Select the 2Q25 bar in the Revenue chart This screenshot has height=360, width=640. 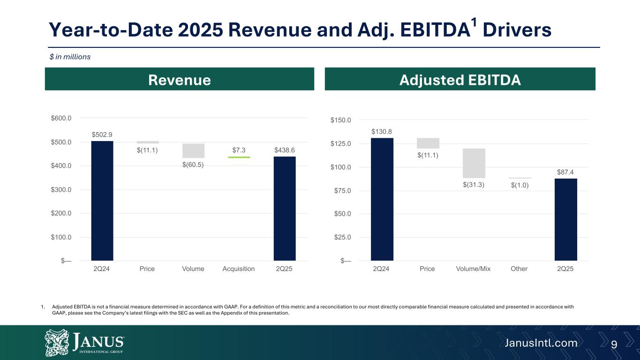pyautogui.click(x=285, y=209)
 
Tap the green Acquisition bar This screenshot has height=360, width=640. pyautogui.click(x=239, y=157)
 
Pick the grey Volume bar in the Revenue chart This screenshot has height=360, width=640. pyautogui.click(x=193, y=150)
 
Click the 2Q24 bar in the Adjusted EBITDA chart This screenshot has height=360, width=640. pyautogui.click(x=382, y=199)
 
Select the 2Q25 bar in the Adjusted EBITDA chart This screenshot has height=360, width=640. pyautogui.click(x=565, y=219)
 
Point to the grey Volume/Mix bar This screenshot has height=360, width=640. pyautogui.click(x=474, y=163)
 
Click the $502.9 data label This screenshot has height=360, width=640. pyautogui.click(x=102, y=135)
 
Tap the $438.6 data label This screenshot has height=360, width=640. pyautogui.click(x=285, y=150)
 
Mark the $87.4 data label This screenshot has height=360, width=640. pyautogui.click(x=566, y=172)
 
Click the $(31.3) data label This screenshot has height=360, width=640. pyautogui.click(x=474, y=185)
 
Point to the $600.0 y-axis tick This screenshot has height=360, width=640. pyautogui.click(x=61, y=118)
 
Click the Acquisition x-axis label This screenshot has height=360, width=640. pyautogui.click(x=239, y=269)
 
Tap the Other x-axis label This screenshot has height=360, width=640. pyautogui.click(x=519, y=269)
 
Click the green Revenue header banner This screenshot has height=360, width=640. pyautogui.click(x=179, y=79)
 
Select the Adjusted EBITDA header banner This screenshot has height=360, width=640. pyautogui.click(x=459, y=79)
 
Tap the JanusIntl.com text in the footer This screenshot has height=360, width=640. pyautogui.click(x=541, y=343)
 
